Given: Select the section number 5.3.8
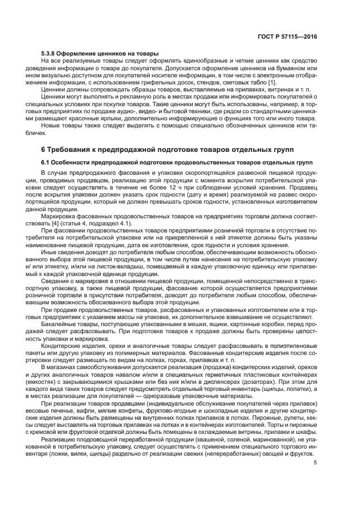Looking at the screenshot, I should coord(50,53).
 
